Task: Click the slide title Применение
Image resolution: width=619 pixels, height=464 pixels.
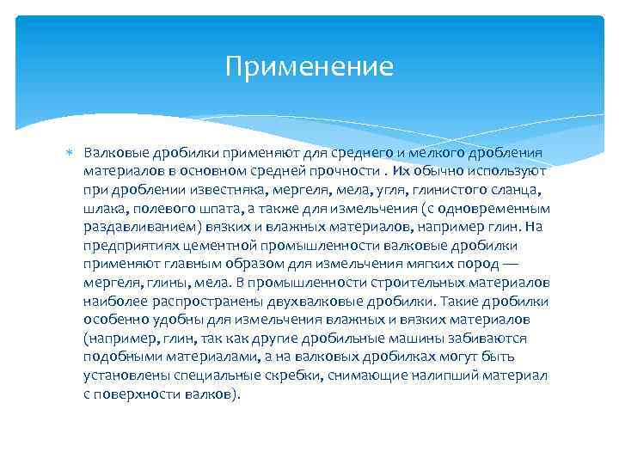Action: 309,67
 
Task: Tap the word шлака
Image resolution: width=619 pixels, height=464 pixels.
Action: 104,209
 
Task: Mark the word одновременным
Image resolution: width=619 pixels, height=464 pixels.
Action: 499,209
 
